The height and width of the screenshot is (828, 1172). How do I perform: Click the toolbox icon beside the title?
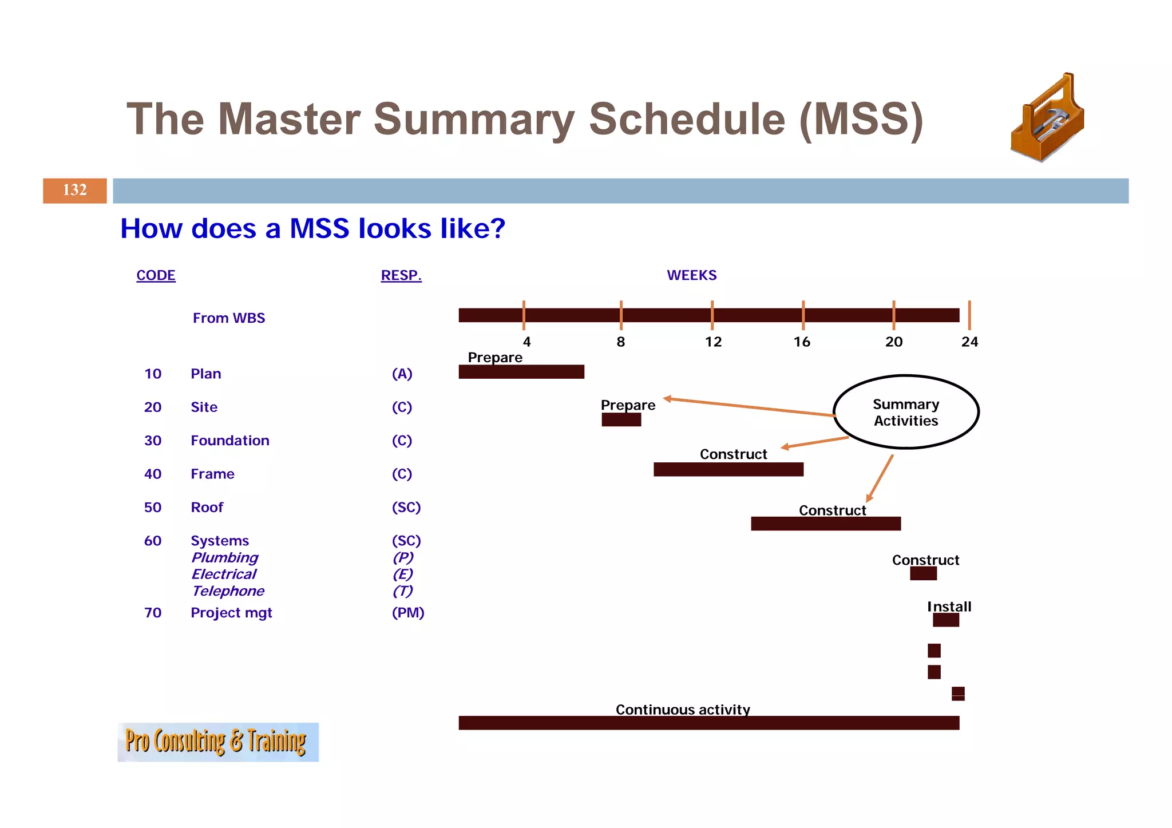(x=1047, y=118)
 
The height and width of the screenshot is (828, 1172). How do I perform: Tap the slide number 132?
(x=74, y=190)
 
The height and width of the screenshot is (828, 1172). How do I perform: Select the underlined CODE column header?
(x=156, y=275)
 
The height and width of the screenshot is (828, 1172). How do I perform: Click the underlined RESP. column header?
(x=401, y=275)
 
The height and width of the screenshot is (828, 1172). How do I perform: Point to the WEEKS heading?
(x=691, y=275)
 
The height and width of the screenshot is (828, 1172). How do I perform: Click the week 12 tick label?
(x=713, y=342)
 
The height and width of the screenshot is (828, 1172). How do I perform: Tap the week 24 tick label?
(x=969, y=342)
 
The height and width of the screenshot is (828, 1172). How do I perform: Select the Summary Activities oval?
(x=906, y=412)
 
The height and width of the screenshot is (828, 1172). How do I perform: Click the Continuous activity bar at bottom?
(x=708, y=723)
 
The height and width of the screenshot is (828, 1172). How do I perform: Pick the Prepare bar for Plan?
(x=521, y=372)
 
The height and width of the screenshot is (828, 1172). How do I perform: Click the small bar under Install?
(x=945, y=620)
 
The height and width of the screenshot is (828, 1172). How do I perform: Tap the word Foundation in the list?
(x=229, y=441)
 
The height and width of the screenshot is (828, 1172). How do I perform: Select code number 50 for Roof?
(x=153, y=508)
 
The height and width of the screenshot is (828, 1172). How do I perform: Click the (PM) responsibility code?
(x=408, y=613)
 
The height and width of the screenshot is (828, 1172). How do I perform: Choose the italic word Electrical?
(x=224, y=575)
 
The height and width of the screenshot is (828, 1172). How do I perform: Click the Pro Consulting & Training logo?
(x=217, y=742)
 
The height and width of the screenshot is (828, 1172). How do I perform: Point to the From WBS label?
(x=229, y=318)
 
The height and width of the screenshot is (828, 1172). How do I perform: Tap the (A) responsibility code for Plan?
(x=402, y=374)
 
